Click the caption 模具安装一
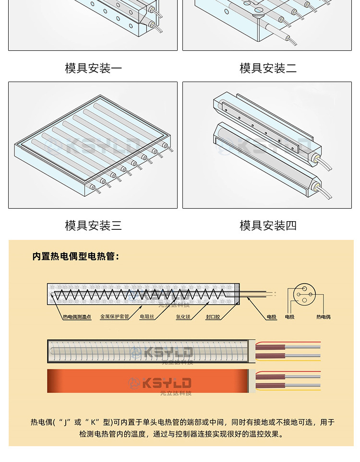(x=93, y=68)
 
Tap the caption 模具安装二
(x=268, y=68)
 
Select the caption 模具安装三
(x=93, y=225)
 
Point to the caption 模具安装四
(x=268, y=225)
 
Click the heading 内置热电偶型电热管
(x=76, y=257)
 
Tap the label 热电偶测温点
(x=77, y=317)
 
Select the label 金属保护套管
(x=114, y=317)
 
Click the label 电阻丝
(x=147, y=317)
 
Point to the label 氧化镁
(x=183, y=317)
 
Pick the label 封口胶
(x=213, y=317)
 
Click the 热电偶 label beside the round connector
(x=323, y=317)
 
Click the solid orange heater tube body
(x=96, y=381)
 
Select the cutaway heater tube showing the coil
(x=96, y=352)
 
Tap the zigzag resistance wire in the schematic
(x=139, y=294)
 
